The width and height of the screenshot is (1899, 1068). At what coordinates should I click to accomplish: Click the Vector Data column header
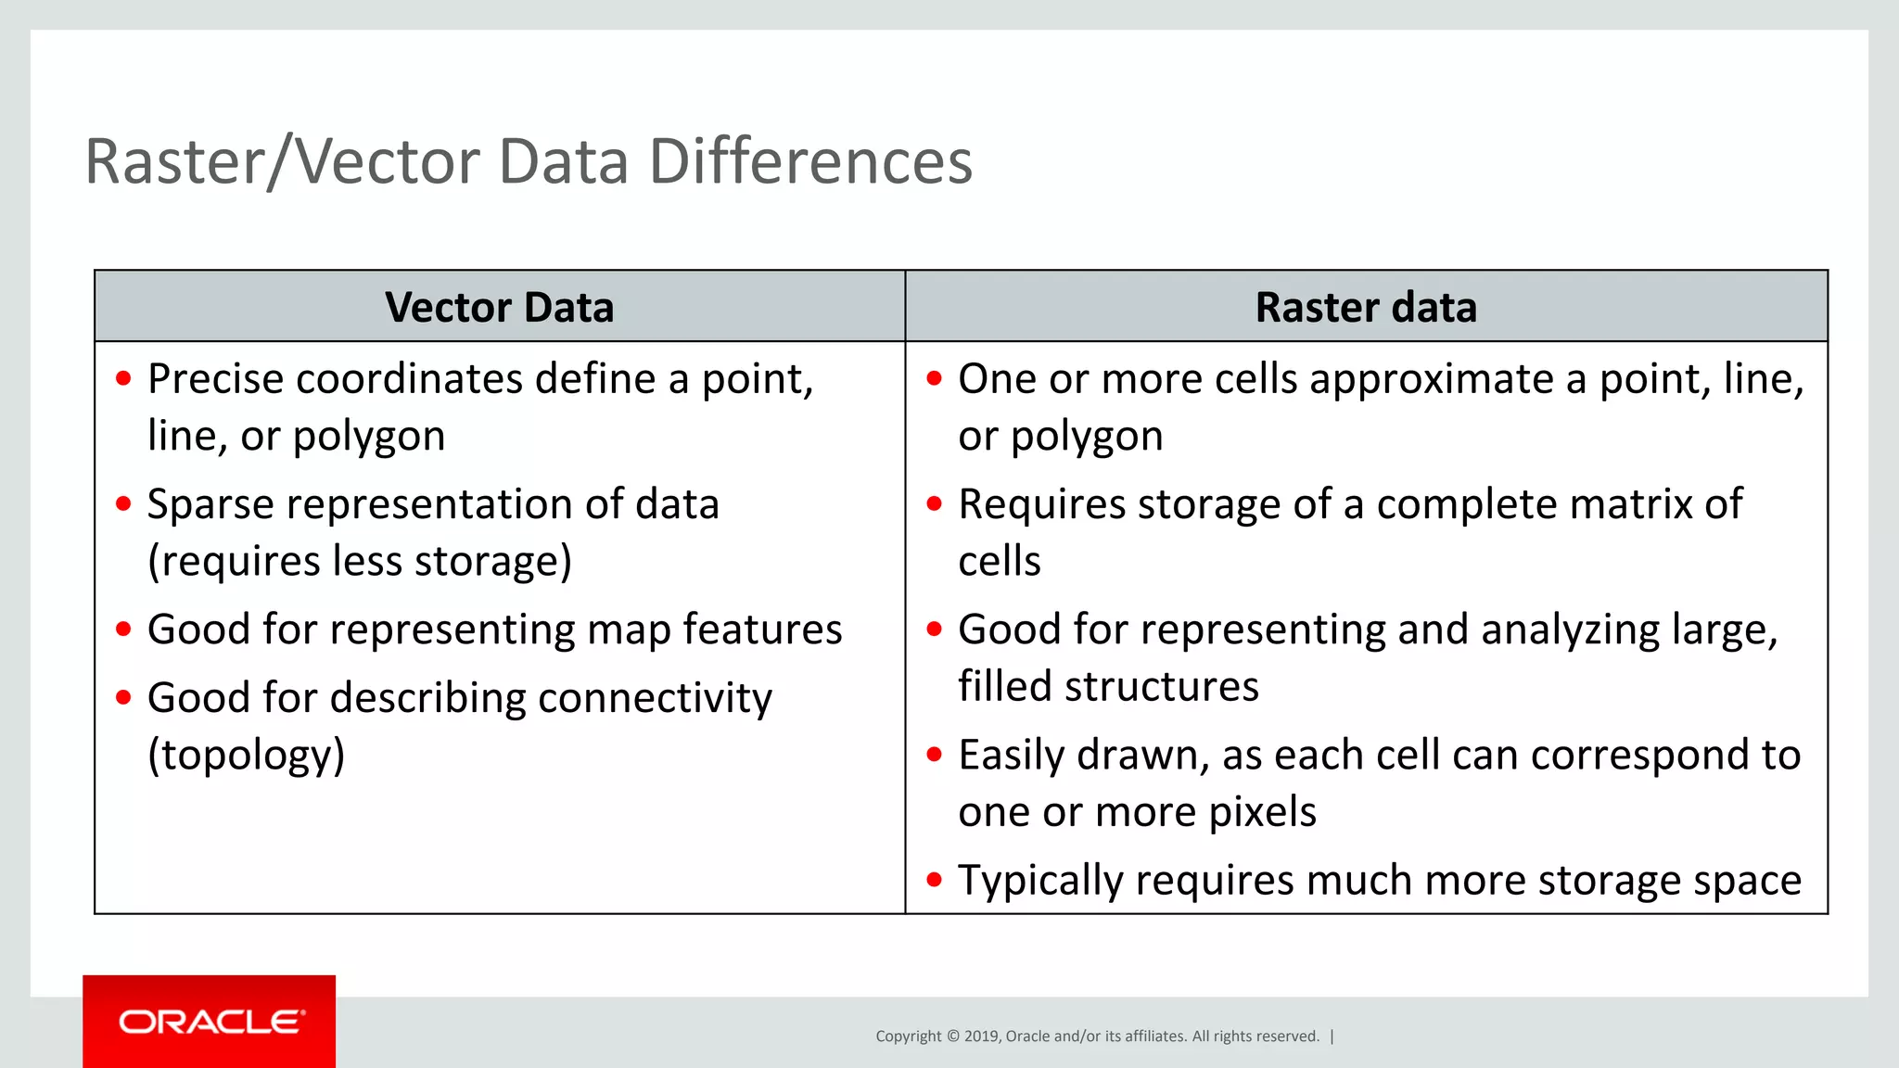(x=499, y=307)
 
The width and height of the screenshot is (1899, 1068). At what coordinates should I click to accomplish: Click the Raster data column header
(x=1365, y=307)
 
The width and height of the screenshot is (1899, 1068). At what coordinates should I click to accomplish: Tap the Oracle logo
(x=210, y=1022)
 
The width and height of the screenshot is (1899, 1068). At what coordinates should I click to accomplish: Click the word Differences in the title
(x=810, y=162)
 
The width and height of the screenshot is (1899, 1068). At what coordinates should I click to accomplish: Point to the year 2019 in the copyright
(x=980, y=1036)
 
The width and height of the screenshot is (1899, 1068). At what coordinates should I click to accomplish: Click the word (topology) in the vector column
(x=246, y=755)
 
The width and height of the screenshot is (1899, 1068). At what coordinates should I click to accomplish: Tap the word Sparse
(x=210, y=504)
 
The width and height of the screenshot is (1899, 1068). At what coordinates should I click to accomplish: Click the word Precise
(x=214, y=379)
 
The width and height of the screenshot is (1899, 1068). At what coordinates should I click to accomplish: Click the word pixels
(x=1262, y=812)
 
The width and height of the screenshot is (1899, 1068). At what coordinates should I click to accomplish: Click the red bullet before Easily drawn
(x=934, y=755)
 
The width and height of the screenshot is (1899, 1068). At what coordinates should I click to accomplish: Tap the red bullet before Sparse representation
(x=124, y=504)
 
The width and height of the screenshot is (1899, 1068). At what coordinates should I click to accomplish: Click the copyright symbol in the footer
(x=952, y=1036)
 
